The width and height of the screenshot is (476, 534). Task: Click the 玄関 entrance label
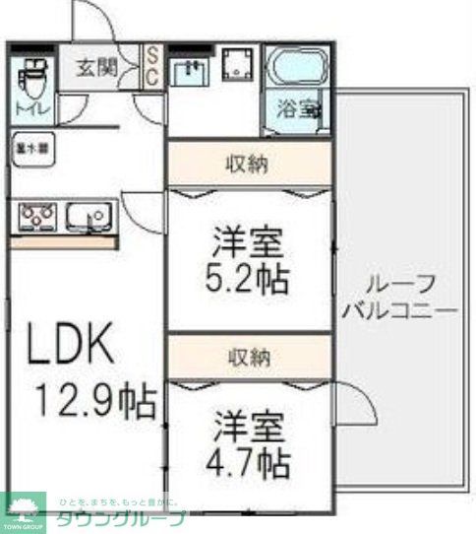coord(98,69)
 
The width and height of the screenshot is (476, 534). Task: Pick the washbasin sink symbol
coord(190,70)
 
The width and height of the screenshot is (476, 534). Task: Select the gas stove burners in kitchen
coord(36,214)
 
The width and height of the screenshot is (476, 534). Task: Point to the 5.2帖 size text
coord(252,279)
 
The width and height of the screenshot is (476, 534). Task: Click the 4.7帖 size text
coord(252,459)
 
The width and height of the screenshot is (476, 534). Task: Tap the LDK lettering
coord(70,345)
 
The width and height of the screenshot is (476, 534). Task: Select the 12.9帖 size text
coord(95,401)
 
